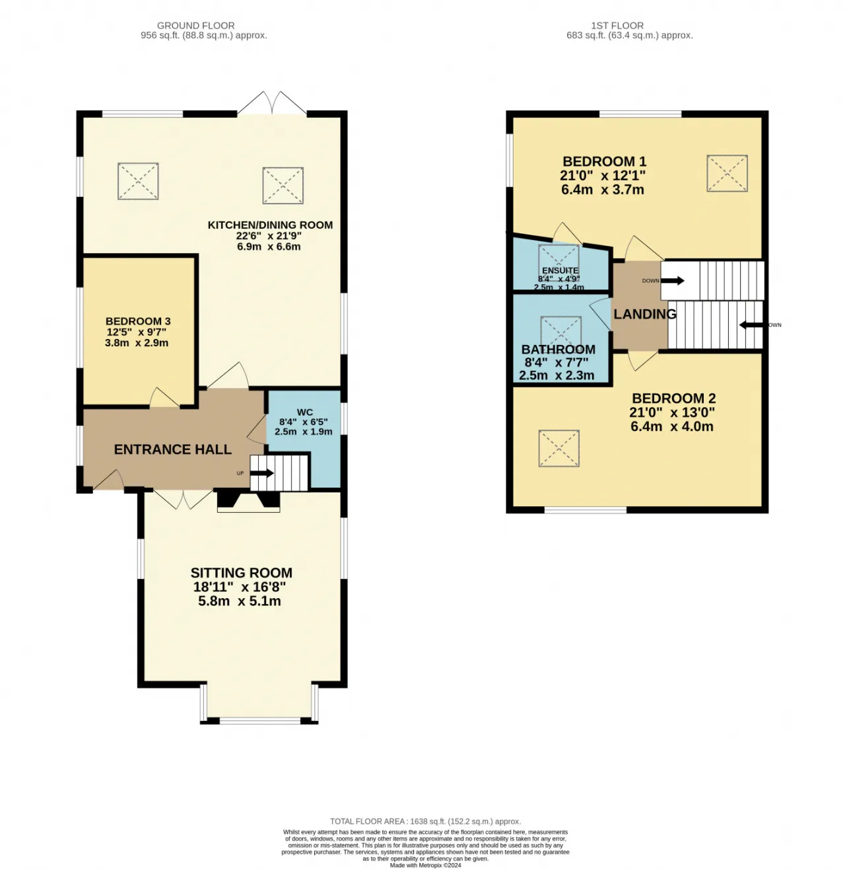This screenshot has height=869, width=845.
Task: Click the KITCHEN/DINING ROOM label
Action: coord(270,225)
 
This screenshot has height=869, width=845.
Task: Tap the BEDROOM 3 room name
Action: coord(138,321)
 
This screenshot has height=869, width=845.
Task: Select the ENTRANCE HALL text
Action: coord(172,449)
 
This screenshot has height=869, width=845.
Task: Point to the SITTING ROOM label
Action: coord(241,573)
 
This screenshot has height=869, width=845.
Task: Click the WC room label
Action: coord(304,412)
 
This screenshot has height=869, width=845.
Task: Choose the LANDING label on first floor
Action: coord(644,315)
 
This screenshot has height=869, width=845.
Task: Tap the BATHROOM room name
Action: coord(558,350)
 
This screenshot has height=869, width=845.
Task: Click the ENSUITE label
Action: coord(560,270)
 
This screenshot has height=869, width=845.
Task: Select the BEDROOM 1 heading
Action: coord(604,162)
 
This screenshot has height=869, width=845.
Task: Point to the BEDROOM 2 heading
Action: coord(673,398)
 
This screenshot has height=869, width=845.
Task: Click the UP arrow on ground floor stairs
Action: coord(261,473)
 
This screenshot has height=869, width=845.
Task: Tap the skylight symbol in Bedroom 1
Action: coord(727,174)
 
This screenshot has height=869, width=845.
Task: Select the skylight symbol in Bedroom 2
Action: coord(558,449)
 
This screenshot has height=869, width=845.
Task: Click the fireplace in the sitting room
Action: coord(248,501)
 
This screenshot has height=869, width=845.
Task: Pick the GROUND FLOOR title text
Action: coord(195,26)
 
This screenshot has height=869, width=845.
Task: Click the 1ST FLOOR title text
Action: coord(617,26)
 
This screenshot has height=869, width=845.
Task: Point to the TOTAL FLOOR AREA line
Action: coord(425,821)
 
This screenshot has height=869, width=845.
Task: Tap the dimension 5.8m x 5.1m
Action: coord(240,601)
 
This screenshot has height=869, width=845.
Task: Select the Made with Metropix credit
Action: coord(425,865)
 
